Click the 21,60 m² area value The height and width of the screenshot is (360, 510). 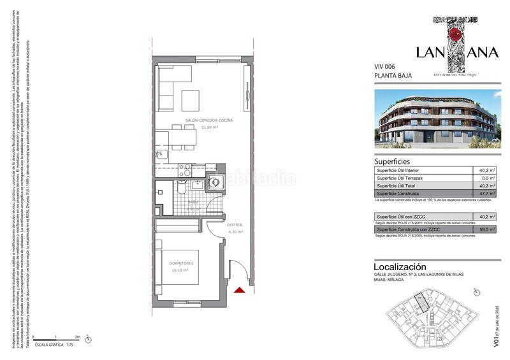click(x=210, y=126)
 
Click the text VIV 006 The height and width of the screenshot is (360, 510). click(x=386, y=67)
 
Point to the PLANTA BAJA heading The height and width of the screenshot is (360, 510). click(x=393, y=76)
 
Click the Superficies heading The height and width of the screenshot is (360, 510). click(x=391, y=162)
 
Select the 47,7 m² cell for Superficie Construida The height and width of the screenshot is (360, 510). click(x=487, y=193)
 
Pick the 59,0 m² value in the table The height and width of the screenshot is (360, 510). click(x=487, y=229)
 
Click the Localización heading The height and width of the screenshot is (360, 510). click(x=400, y=266)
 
